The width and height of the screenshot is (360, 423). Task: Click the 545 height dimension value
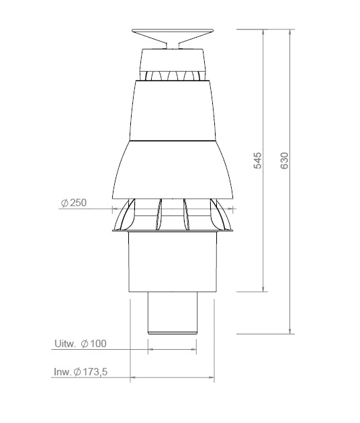tap(258, 161)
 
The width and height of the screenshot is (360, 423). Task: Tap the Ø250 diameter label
tap(74, 203)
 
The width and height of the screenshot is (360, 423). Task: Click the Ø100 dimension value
tap(93, 344)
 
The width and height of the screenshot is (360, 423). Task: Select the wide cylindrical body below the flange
tap(173, 262)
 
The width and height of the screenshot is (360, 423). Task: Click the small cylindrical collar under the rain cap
tap(173, 60)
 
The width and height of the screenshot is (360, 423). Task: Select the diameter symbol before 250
tap(64, 203)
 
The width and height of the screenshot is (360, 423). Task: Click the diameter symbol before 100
tap(85, 344)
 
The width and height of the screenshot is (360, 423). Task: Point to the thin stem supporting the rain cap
tap(173, 45)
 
